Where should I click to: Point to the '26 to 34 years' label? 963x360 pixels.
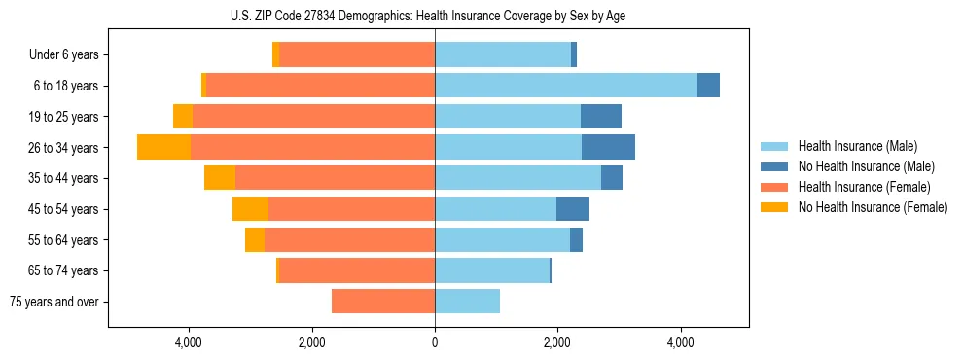click(x=63, y=148)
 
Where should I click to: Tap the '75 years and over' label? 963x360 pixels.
click(x=54, y=302)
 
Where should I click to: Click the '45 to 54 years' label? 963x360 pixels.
click(x=63, y=209)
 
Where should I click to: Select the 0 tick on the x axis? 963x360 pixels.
click(x=435, y=342)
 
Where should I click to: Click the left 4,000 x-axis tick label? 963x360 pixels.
click(x=188, y=342)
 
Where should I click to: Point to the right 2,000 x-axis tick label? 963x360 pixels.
click(x=557, y=342)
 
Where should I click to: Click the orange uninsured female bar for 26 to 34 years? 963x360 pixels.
click(x=163, y=147)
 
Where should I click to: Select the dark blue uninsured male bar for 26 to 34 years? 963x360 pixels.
click(x=608, y=147)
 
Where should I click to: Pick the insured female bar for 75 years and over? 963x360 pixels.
click(x=383, y=302)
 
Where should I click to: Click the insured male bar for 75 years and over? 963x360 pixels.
click(x=467, y=302)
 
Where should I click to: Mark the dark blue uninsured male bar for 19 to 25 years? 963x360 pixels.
click(x=601, y=117)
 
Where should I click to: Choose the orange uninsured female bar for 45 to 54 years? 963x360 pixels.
click(x=250, y=209)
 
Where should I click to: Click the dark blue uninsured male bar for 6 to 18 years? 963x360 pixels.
click(x=708, y=86)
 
